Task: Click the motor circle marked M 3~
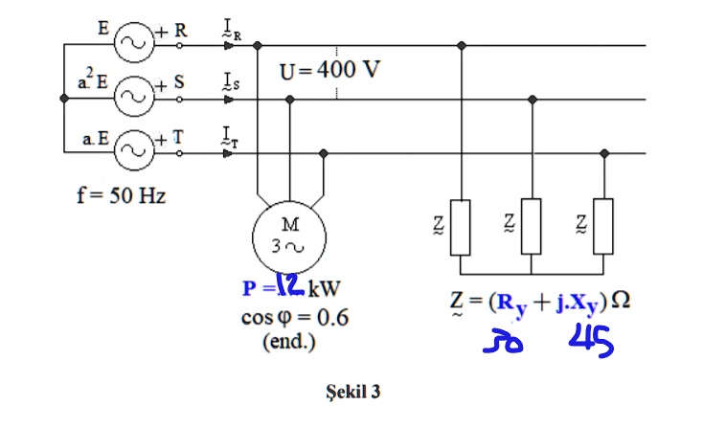click(x=289, y=237)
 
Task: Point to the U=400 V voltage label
click(x=330, y=71)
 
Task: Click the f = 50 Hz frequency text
click(x=121, y=196)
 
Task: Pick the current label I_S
click(x=231, y=85)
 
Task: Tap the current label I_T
click(x=231, y=137)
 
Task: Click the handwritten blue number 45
click(x=591, y=342)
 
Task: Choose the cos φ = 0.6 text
click(x=293, y=318)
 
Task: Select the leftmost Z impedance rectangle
click(x=462, y=225)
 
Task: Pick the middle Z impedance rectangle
click(x=532, y=225)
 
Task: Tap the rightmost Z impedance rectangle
click(x=602, y=225)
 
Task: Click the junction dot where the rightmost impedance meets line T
click(x=603, y=152)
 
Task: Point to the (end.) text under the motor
click(x=289, y=342)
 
